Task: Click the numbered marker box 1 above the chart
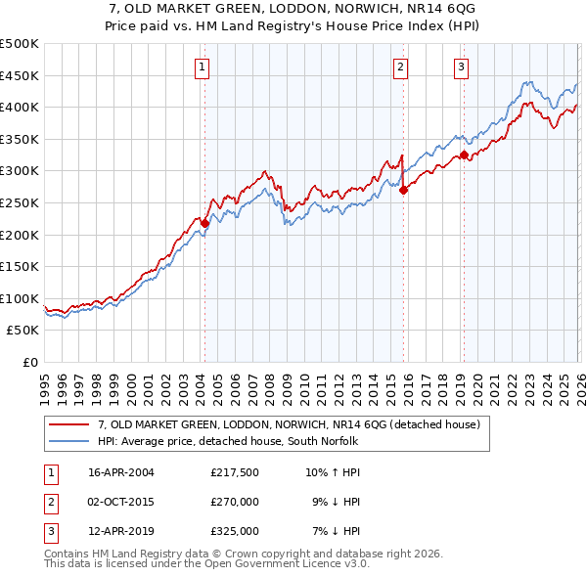point(202,67)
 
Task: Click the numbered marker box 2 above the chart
point(401,67)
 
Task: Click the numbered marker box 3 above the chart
point(461,67)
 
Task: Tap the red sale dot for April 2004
point(204,223)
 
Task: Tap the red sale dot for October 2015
point(403,190)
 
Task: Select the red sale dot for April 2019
point(464,155)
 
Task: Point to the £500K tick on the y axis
point(20,44)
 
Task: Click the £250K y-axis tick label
point(20,202)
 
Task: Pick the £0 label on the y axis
point(29,362)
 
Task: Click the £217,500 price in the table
point(234,472)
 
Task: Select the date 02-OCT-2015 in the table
point(121,502)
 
